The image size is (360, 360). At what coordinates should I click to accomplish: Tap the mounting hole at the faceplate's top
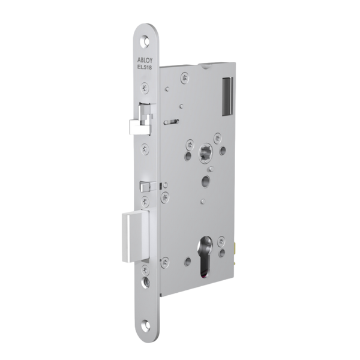[146, 43]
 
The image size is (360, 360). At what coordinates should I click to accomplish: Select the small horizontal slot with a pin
[171, 122]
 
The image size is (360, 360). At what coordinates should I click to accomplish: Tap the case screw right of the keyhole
[222, 241]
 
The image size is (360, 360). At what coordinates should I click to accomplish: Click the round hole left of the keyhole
[188, 262]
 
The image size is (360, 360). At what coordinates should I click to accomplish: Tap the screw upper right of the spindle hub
[217, 139]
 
